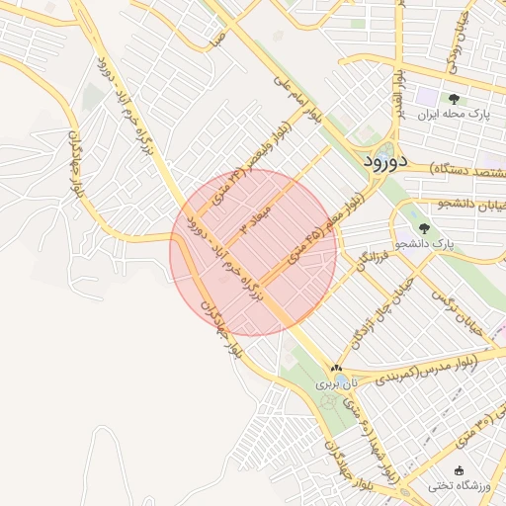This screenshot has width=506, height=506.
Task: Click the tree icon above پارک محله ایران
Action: [x=454, y=99]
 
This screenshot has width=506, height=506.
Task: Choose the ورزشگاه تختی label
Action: [x=454, y=485]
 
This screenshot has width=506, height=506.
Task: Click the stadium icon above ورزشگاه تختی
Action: [x=457, y=469]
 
